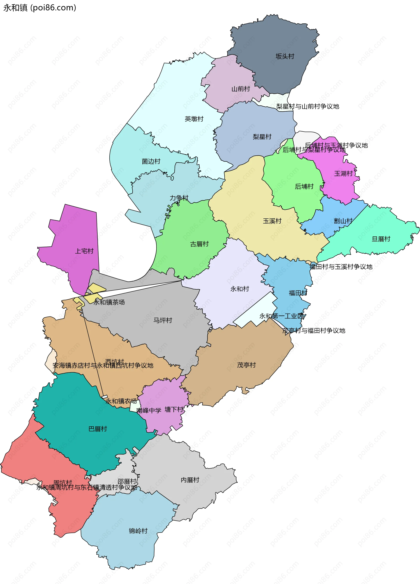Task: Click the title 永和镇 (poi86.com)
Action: tap(40, 8)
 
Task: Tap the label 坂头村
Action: tap(285, 56)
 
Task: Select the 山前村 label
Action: tap(241, 89)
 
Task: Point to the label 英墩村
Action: tap(194, 119)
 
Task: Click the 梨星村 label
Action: tap(262, 137)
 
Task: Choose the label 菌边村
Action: tap(151, 162)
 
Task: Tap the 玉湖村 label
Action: tap(343, 174)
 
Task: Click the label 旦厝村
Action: tap(381, 239)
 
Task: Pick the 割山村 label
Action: tap(343, 221)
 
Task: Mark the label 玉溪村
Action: tap(272, 221)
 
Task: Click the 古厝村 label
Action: tap(199, 244)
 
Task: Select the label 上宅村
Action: tap(84, 251)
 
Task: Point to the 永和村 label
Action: tap(240, 289)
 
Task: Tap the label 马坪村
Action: tap(163, 320)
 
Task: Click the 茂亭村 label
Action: tap(246, 365)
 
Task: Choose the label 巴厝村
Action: tap(98, 429)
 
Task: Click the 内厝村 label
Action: tap(190, 480)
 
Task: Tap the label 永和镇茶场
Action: tap(109, 302)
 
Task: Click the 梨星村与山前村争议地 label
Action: tap(308, 106)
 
